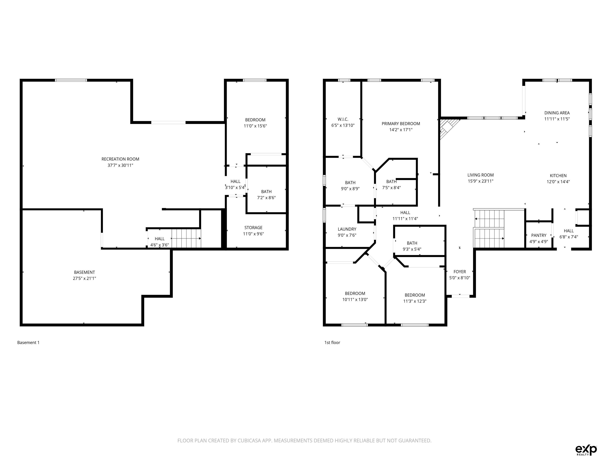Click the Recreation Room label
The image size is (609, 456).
pyautogui.click(x=120, y=159)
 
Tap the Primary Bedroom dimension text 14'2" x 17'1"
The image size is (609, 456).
pyautogui.click(x=401, y=130)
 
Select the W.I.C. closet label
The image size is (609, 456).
pyautogui.click(x=343, y=119)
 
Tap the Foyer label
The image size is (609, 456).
pyautogui.click(x=460, y=272)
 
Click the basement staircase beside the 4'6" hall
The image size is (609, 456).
pyautogui.click(x=186, y=238)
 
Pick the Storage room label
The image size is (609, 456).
pyautogui.click(x=253, y=228)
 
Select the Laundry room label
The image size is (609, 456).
pyautogui.click(x=347, y=229)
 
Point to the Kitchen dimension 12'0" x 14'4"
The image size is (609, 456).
pyautogui.click(x=558, y=182)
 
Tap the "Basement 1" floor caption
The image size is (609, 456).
pyautogui.click(x=28, y=342)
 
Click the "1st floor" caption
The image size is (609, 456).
pyautogui.click(x=332, y=342)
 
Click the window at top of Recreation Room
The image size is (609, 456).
pyautogui.click(x=71, y=80)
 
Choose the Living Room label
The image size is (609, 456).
pyautogui.click(x=480, y=175)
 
